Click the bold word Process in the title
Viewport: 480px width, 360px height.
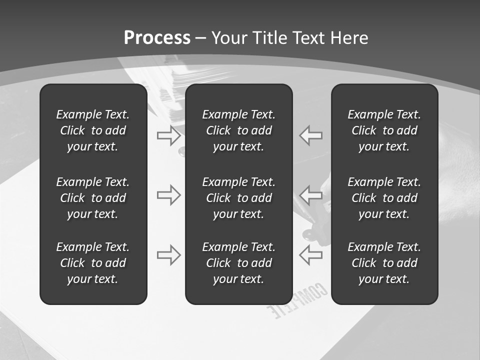[x=157, y=38]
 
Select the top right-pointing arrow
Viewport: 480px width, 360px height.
[x=168, y=135]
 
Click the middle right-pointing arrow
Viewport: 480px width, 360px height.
[x=168, y=195]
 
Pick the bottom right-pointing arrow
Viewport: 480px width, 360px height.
[x=168, y=255]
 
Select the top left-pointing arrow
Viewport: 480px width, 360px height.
[x=311, y=135]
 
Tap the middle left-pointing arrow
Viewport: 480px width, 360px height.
[x=311, y=195]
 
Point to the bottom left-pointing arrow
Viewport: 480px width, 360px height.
[x=311, y=255]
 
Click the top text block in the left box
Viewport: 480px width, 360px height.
[x=93, y=130]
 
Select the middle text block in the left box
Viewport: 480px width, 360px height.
[x=93, y=198]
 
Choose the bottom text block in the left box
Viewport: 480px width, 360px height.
[x=93, y=263]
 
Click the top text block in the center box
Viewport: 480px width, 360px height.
[x=238, y=130]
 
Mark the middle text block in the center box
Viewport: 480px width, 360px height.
[x=238, y=198]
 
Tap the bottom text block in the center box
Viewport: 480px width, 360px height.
[x=238, y=263]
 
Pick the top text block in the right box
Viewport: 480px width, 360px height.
[x=384, y=130]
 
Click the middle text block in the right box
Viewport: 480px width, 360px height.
[x=384, y=198]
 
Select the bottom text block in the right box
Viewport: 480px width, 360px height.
[x=384, y=263]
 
